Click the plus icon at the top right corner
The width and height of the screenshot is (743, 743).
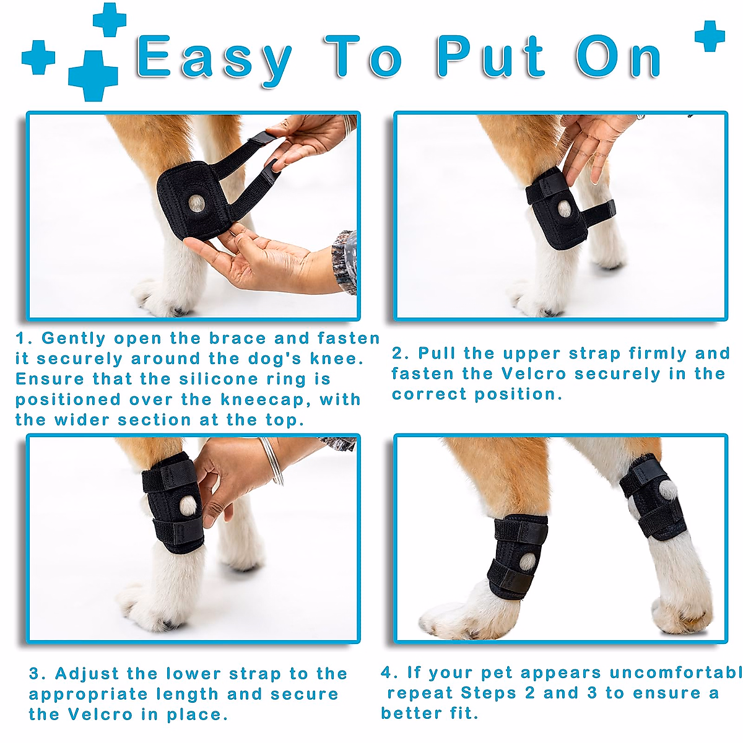coord(710,36)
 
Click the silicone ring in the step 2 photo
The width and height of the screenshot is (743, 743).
coord(564,209)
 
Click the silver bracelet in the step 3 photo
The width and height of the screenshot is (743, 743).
coord(273,461)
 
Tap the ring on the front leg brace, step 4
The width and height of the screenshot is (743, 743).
coord(527,562)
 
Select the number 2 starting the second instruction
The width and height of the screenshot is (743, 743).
coord(398,354)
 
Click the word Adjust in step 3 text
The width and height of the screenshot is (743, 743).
coord(87,674)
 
